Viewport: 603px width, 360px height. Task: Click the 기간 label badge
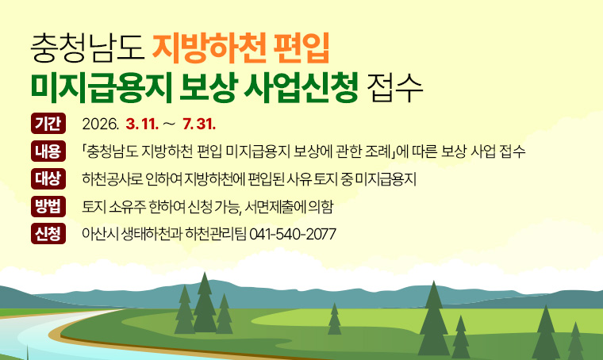(x=47, y=124)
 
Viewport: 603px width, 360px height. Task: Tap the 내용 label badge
(x=47, y=150)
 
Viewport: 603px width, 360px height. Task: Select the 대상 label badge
(x=47, y=177)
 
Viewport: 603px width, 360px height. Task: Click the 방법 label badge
(x=47, y=206)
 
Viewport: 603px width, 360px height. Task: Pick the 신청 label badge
(x=47, y=234)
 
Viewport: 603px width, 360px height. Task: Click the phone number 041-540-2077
(x=293, y=235)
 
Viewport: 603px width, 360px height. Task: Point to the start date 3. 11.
(x=143, y=124)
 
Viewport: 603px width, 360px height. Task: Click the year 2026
(x=100, y=124)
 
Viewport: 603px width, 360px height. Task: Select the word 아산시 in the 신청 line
(x=99, y=235)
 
